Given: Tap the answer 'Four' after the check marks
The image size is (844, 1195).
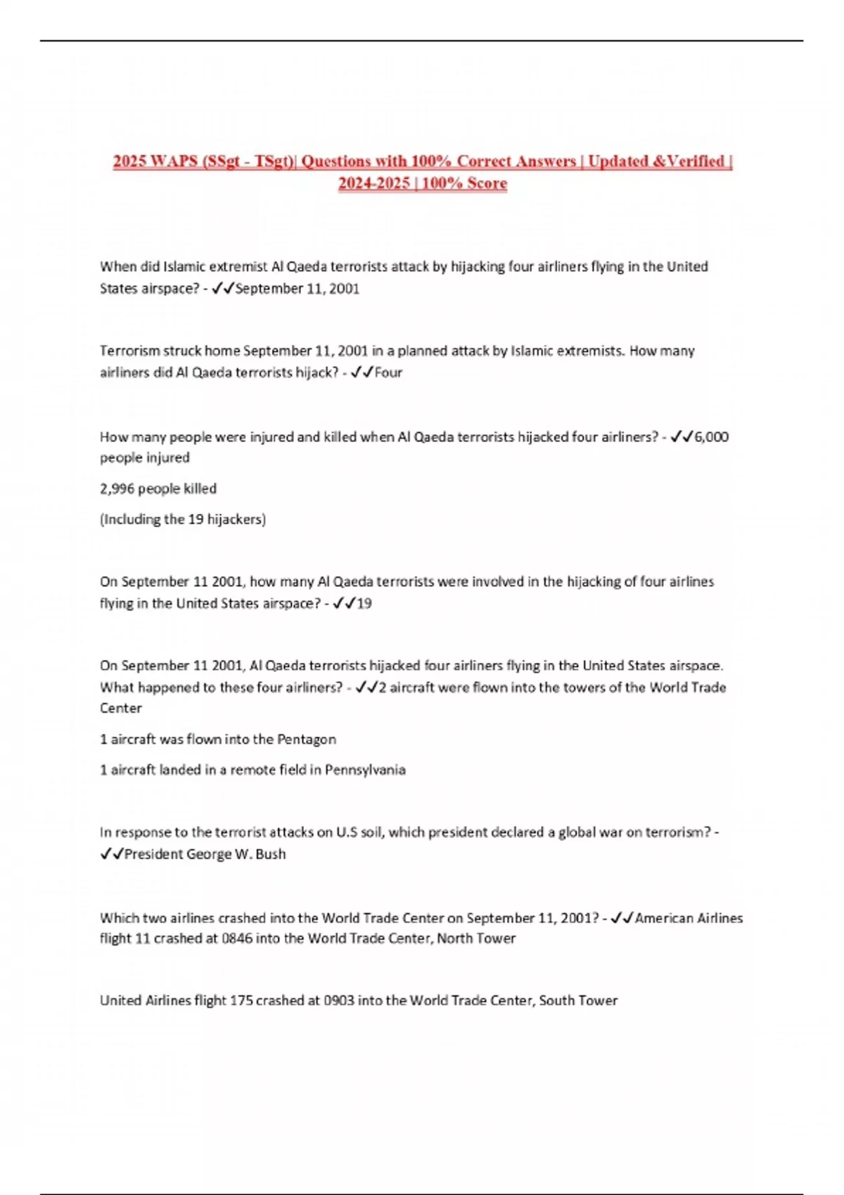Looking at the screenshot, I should point(388,373).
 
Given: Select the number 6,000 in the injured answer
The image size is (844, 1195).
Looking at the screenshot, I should point(711,437).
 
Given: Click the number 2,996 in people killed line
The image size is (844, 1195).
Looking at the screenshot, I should point(117,489).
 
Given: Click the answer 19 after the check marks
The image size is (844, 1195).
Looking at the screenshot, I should point(364,603).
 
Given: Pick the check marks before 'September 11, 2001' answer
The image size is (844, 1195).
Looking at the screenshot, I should point(222,288).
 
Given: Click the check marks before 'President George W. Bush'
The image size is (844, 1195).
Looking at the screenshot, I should point(111,854).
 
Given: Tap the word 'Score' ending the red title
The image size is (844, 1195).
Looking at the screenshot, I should point(487,183).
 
